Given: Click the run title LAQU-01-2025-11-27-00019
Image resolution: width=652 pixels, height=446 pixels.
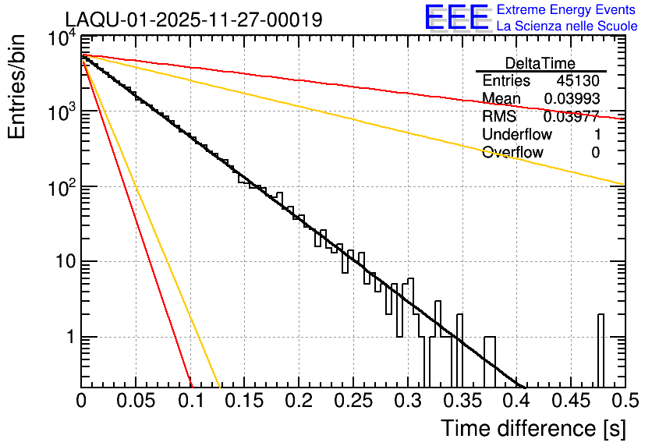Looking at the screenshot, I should [x=193, y=19].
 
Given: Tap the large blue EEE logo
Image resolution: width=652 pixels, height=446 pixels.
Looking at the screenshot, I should [x=456, y=18].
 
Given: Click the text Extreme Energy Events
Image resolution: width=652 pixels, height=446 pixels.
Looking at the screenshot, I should [x=567, y=10].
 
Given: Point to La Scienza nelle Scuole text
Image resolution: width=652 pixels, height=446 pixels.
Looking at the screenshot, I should [x=567, y=27].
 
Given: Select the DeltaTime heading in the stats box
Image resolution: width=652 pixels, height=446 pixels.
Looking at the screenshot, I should [x=540, y=63].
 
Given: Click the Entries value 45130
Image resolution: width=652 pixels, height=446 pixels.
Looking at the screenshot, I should [x=578, y=81].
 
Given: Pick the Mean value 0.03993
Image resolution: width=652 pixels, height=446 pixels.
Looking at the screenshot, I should [x=572, y=99].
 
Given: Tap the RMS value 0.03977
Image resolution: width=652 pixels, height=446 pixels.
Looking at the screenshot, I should [x=572, y=117].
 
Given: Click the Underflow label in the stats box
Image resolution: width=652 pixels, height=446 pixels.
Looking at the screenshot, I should [x=517, y=134].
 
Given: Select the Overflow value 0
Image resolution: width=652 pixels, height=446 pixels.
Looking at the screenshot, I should [x=595, y=152].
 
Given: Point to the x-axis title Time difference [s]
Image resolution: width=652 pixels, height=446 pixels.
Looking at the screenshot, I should [x=533, y=428].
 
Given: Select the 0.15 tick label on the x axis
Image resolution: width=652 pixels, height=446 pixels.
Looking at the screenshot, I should [x=245, y=402].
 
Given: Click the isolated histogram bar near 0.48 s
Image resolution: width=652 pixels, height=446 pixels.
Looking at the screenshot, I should [x=601, y=351].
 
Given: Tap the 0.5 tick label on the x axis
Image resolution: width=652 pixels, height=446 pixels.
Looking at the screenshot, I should [x=625, y=402].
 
